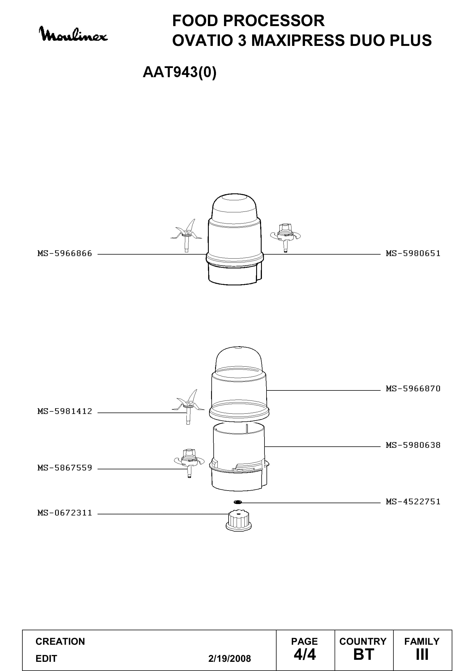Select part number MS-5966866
(65, 253)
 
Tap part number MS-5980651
(413, 253)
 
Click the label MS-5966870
(413, 389)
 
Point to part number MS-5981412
(65, 411)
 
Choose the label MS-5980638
(413, 445)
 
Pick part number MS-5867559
(65, 468)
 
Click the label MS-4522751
(413, 502)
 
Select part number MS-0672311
(65, 513)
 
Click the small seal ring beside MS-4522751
(238, 502)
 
